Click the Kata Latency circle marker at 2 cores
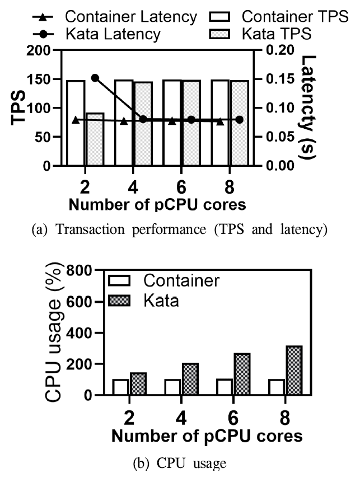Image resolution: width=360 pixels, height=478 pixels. click(95, 78)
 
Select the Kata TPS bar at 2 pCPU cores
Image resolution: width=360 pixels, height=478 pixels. click(95, 139)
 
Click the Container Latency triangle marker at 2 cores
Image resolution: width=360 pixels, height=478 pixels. click(76, 119)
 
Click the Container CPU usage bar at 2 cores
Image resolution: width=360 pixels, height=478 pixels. click(121, 387)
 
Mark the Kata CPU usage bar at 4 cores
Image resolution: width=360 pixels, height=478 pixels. click(190, 379)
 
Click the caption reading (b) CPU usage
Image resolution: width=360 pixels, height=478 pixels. click(179, 463)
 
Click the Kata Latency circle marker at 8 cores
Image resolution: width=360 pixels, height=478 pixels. click(240, 119)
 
